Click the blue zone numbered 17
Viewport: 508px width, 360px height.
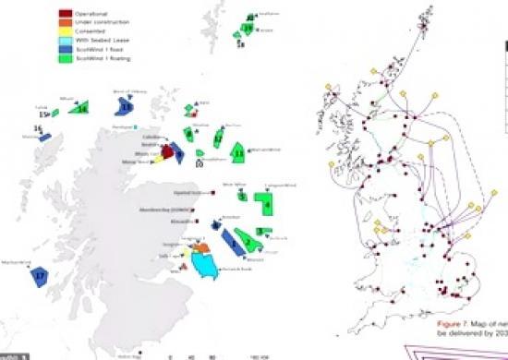click(39, 275)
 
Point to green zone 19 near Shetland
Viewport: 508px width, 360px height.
click(249, 29)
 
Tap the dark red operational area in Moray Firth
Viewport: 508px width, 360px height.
click(167, 150)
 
